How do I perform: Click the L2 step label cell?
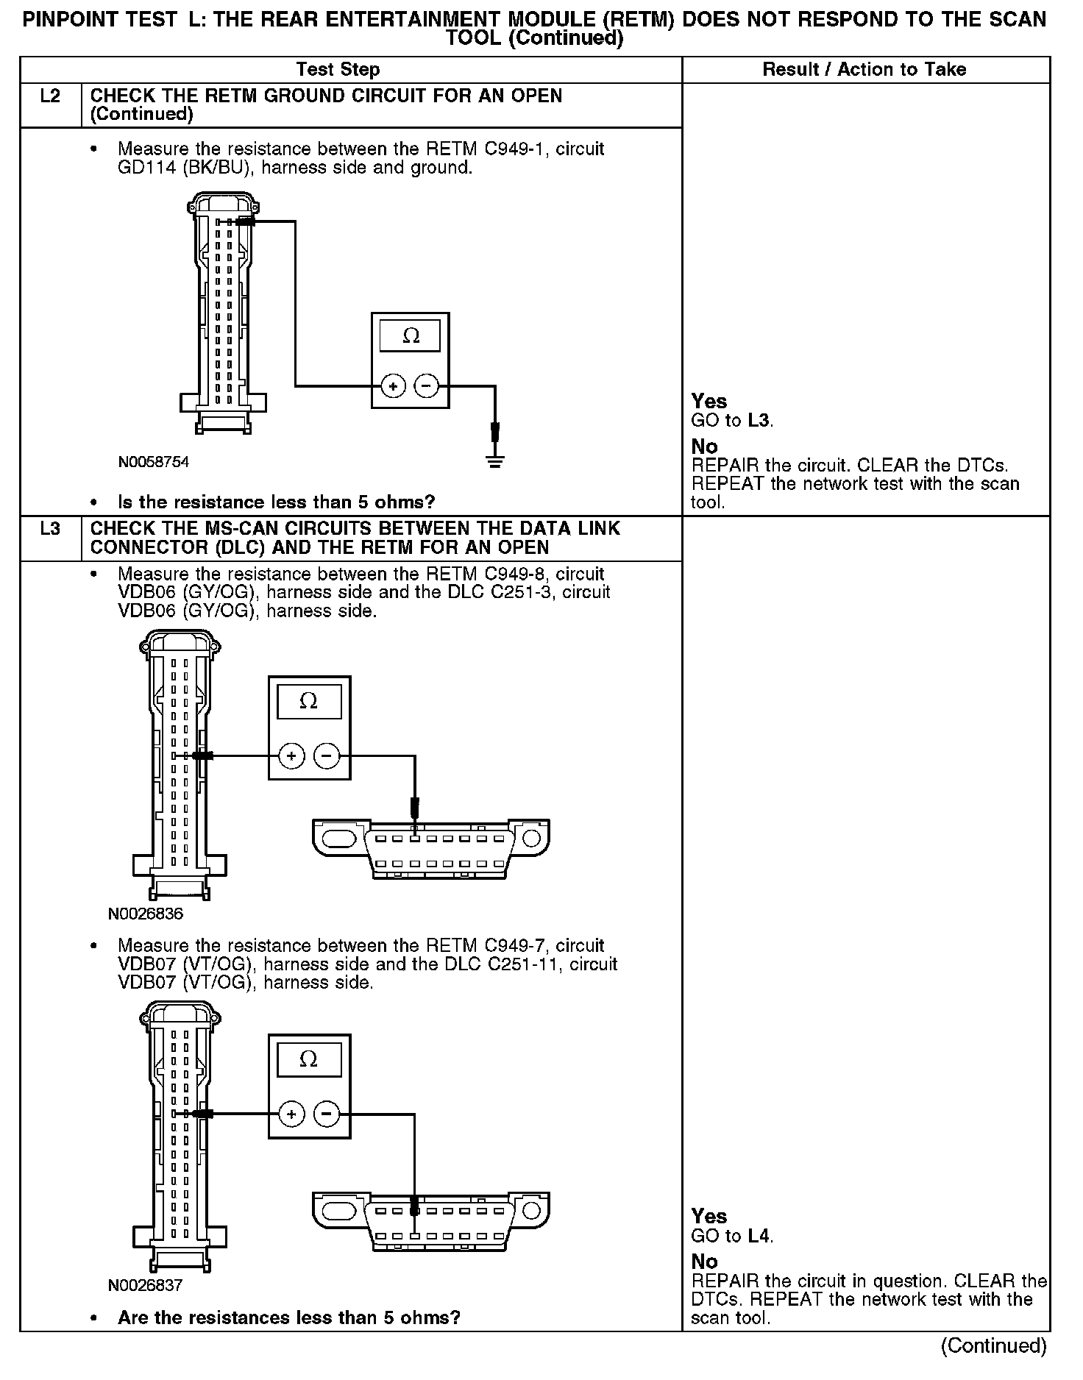click(x=50, y=97)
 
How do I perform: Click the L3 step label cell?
click(x=50, y=529)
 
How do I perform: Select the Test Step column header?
click(x=338, y=70)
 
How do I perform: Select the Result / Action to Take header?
click(x=864, y=70)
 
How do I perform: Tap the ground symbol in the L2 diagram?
click(x=495, y=462)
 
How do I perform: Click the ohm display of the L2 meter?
click(x=411, y=337)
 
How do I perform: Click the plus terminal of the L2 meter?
click(x=394, y=385)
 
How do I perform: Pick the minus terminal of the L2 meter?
click(x=427, y=385)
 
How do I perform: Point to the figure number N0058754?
click(x=153, y=462)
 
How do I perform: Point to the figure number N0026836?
click(x=145, y=914)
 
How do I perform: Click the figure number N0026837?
click(x=145, y=1285)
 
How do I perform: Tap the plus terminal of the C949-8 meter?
click(x=292, y=755)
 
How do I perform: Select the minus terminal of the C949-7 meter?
click(x=327, y=1114)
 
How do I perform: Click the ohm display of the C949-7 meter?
click(x=308, y=1060)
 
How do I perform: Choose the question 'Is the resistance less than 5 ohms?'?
click(x=276, y=502)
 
